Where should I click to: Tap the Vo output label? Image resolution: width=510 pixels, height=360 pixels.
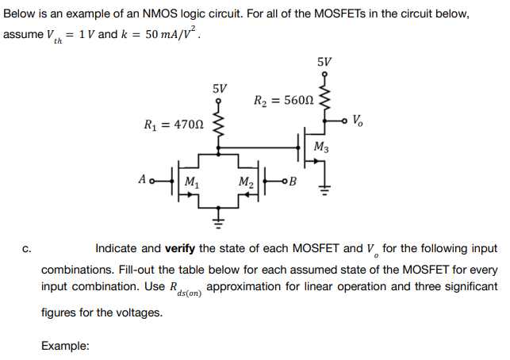pos(359,121)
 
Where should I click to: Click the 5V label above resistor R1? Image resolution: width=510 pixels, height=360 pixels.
pos(221,87)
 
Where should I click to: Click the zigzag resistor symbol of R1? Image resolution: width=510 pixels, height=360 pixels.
pos(221,123)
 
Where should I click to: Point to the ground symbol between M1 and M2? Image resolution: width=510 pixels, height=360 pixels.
pos(221,212)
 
